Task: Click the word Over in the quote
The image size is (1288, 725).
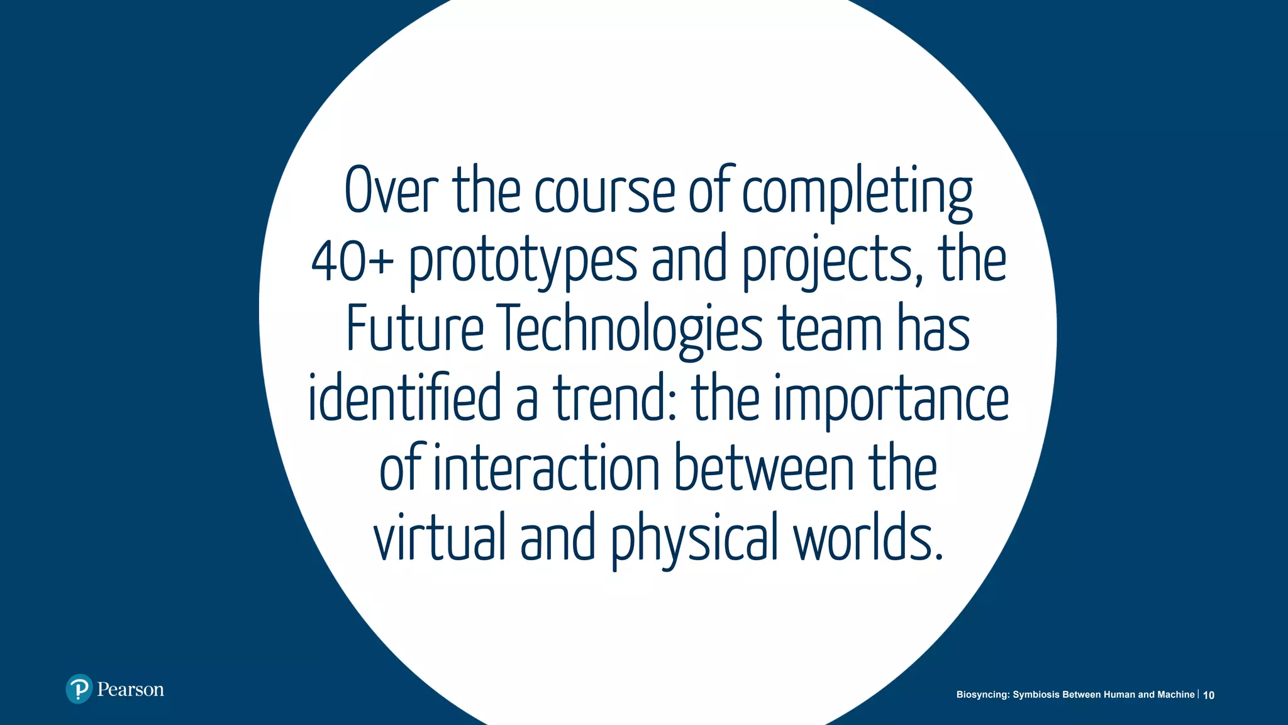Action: (x=391, y=190)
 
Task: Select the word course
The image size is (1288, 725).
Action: (x=604, y=191)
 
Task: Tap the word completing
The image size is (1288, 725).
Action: (x=857, y=193)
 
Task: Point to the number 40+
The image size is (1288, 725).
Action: (x=352, y=261)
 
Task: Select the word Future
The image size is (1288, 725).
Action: (x=415, y=329)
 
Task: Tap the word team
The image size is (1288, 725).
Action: (x=831, y=330)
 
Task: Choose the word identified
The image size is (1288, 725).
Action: (x=404, y=398)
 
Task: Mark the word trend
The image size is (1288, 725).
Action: (x=614, y=398)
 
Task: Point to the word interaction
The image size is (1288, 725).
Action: (x=546, y=468)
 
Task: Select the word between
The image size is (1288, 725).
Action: (x=764, y=467)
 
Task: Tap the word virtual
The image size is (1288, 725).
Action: (x=440, y=536)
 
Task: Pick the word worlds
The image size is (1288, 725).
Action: (x=868, y=536)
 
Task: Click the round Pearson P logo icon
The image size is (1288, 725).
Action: (x=79, y=689)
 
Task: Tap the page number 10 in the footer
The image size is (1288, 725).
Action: (x=1209, y=695)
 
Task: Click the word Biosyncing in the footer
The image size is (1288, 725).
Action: (x=982, y=695)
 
